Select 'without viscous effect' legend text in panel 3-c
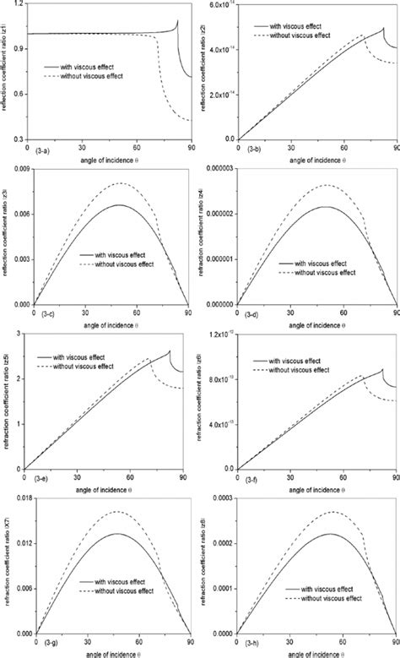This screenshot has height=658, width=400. pyautogui.click(x=130, y=263)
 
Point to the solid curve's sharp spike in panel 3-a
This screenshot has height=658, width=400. pyautogui.click(x=177, y=21)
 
